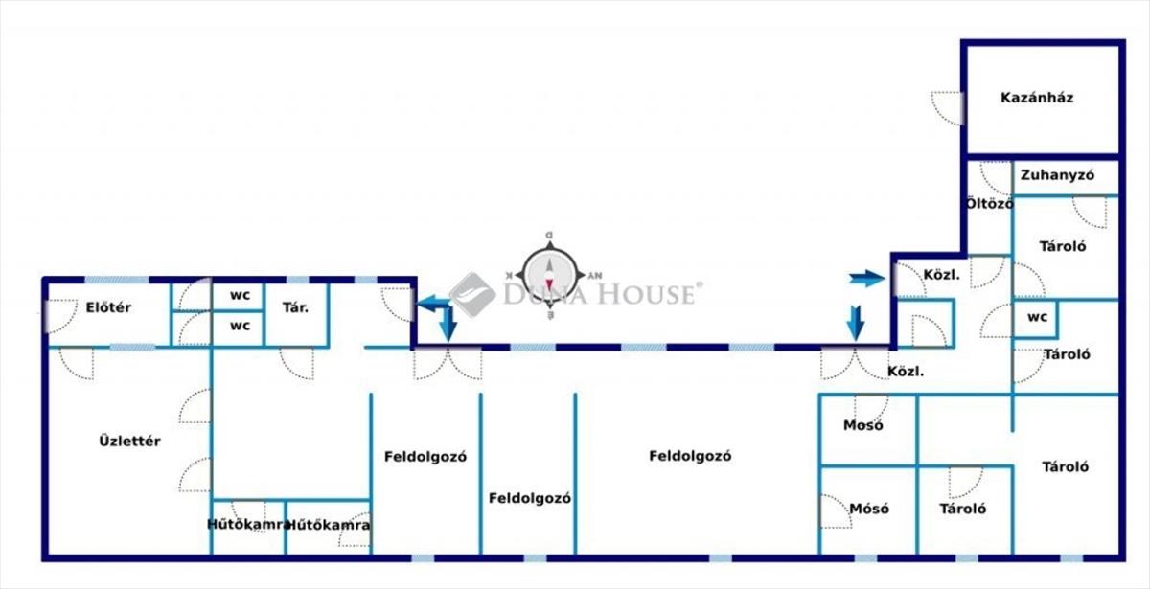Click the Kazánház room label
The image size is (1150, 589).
coord(1037,98)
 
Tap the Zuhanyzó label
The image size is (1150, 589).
coord(1057,175)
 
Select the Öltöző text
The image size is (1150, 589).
coord(988,204)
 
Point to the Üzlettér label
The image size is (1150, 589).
coord(129,442)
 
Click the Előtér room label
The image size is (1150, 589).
coord(108,307)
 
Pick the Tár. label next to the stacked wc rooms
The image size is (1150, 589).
coord(294,307)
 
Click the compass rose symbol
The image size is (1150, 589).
coord(549,276)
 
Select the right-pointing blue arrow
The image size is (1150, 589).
coord(866,279)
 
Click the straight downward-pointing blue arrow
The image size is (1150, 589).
coord(856,322)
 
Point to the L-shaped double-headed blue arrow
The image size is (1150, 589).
coord(438,313)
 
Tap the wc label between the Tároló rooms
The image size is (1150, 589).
coord(1036,317)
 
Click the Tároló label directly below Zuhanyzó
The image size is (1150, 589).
coord(1063,246)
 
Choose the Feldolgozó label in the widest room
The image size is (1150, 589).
coord(690,457)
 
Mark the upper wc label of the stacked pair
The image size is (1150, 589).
coord(240,295)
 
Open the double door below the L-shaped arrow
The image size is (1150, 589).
coord(448,364)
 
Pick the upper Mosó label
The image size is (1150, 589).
coord(863,425)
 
